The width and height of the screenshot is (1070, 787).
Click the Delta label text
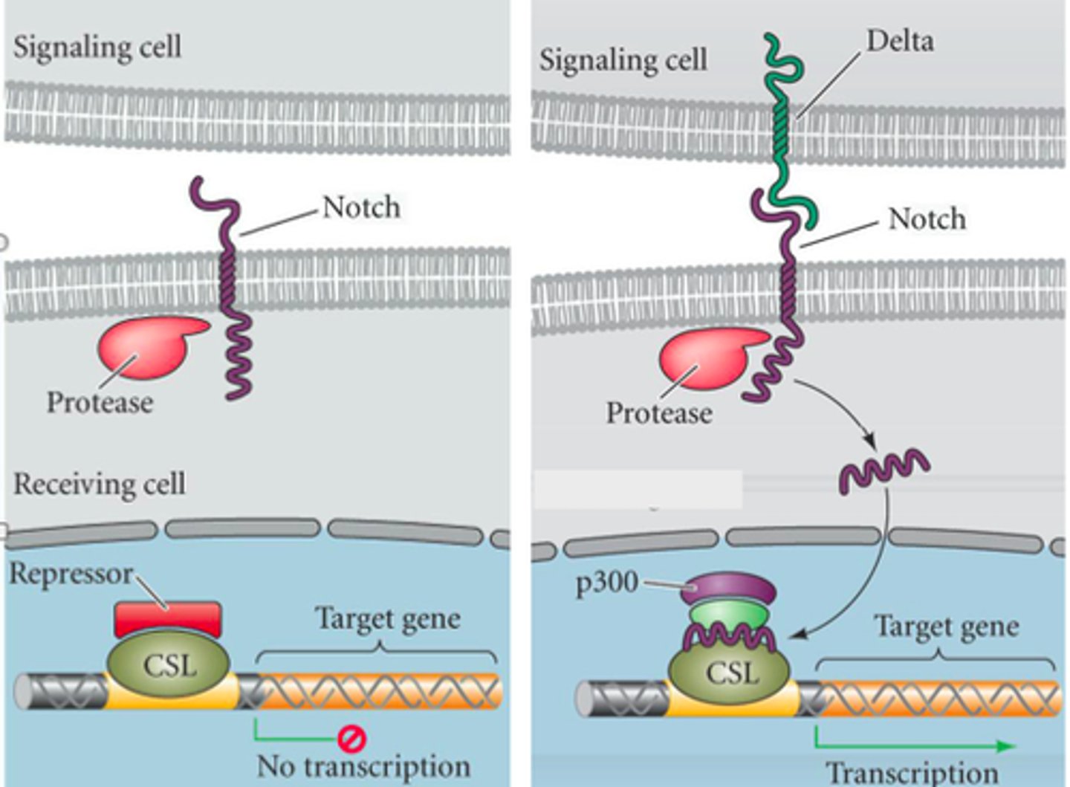[x=900, y=41]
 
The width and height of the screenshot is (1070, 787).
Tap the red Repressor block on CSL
[x=168, y=619]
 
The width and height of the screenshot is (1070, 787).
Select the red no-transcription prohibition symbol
[x=351, y=739]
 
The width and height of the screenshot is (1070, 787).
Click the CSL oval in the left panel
[x=169, y=664]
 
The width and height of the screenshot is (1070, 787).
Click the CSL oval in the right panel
[x=729, y=672]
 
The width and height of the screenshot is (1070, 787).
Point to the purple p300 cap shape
[x=729, y=589]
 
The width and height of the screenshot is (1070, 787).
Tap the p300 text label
[x=607, y=583]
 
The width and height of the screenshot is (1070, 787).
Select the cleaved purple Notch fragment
[x=883, y=470]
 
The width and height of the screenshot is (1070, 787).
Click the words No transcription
[x=363, y=766]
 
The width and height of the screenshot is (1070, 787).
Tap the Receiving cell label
[x=100, y=484]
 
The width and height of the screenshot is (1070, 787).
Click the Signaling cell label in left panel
[x=97, y=47]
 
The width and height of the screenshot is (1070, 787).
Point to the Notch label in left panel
[x=361, y=207]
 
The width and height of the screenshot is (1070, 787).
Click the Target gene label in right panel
[x=946, y=626]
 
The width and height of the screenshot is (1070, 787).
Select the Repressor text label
[x=71, y=573]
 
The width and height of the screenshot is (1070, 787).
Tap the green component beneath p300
[x=728, y=615]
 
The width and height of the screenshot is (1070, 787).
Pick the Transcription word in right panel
[x=912, y=773]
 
